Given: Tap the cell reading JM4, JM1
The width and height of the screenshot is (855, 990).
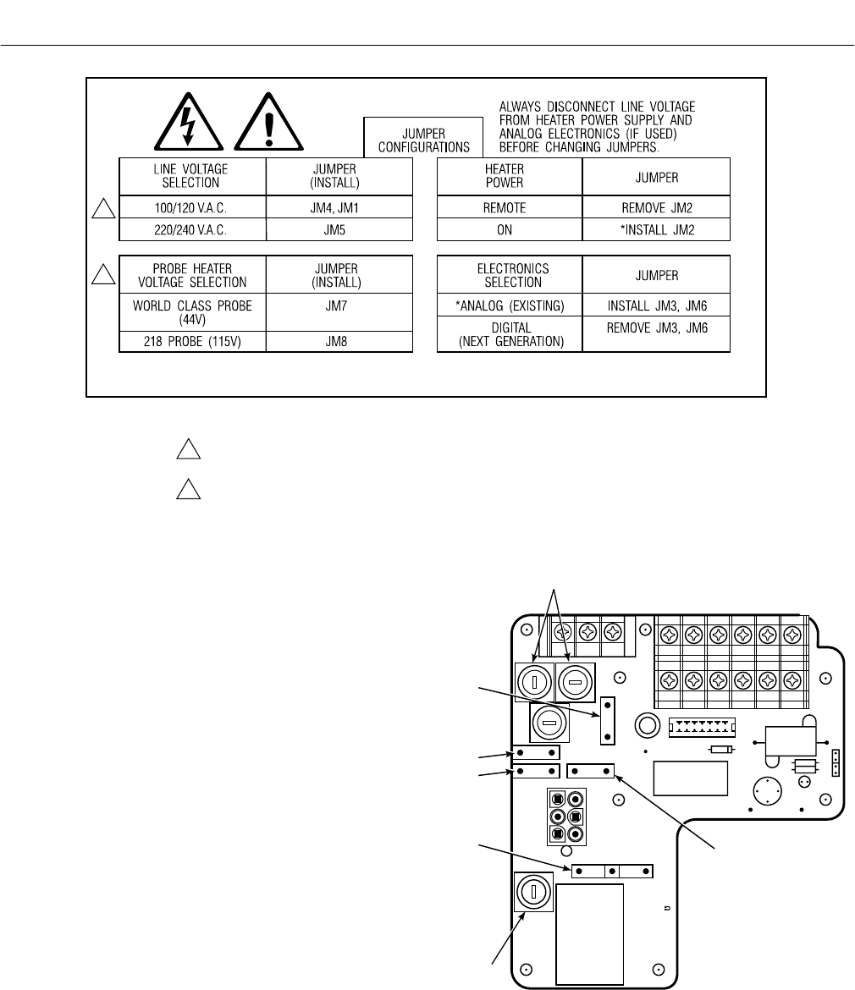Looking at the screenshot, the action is [x=339, y=206].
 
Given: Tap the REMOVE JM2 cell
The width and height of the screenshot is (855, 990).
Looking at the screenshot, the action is [x=656, y=206].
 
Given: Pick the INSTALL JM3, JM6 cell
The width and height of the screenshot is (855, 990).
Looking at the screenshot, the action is [x=656, y=305].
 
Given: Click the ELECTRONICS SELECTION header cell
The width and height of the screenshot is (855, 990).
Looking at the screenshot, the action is [x=509, y=275].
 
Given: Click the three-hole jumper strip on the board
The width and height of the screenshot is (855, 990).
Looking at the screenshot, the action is [x=612, y=870].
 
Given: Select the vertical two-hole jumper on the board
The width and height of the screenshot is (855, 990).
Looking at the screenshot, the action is [x=606, y=720].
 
